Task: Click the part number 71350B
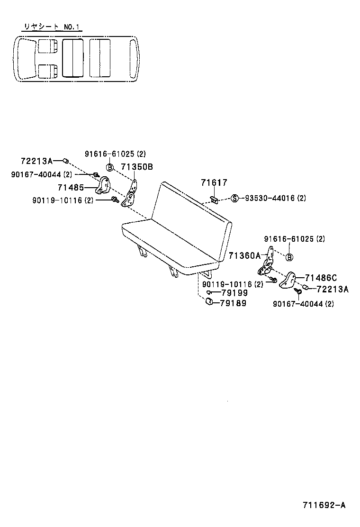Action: click(137, 167)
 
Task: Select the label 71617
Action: click(214, 182)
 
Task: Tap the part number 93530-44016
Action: click(268, 198)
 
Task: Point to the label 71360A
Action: click(245, 256)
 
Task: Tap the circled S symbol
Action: click(234, 198)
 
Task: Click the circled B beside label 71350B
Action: click(109, 167)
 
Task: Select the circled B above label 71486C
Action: click(290, 257)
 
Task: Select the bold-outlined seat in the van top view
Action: click(73, 58)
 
